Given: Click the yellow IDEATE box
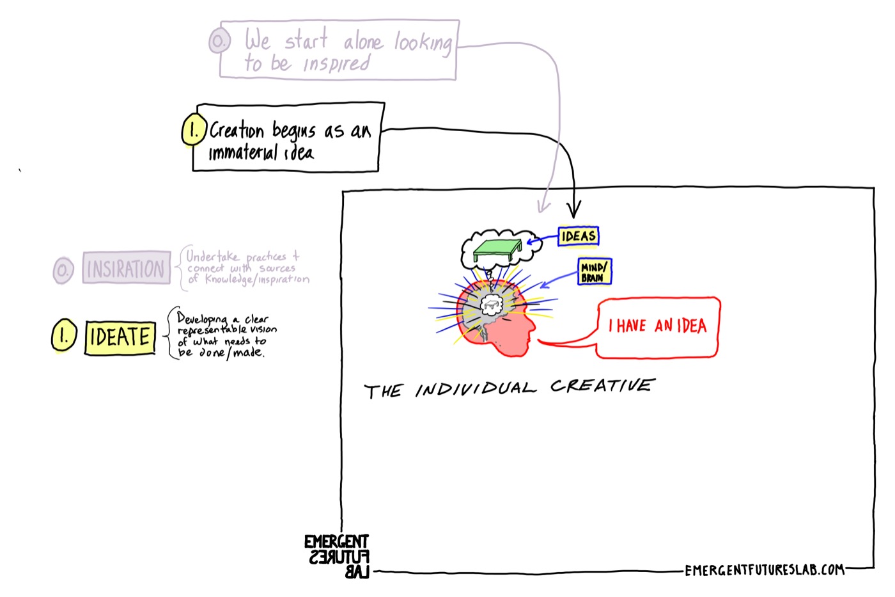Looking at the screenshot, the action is (x=120, y=337).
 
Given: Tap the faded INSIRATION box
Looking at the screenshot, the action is (x=127, y=268).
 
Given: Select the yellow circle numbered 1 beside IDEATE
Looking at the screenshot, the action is (x=64, y=335).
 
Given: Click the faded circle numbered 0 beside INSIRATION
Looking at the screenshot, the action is (x=63, y=270).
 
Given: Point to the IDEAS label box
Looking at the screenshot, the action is (x=578, y=236).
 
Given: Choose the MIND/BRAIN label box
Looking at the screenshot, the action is (x=595, y=271).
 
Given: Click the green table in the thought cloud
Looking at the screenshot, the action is (x=497, y=250).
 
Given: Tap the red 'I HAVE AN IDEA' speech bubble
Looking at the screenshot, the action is (x=658, y=328).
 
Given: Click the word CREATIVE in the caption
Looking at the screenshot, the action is (x=602, y=385).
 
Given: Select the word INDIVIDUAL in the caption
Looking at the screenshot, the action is (x=476, y=389).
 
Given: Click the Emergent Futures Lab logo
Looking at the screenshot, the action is (x=337, y=556).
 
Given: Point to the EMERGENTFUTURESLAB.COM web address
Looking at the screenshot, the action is (x=765, y=570).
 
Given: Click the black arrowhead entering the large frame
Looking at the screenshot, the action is (x=574, y=209).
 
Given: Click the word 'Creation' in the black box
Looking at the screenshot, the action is (x=237, y=131).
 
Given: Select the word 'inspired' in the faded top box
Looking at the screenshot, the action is (x=336, y=64).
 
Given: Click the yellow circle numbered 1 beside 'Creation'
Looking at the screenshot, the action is (x=194, y=129).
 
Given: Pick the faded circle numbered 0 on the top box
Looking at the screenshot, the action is (x=219, y=40).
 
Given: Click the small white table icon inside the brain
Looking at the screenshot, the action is (x=492, y=305).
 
